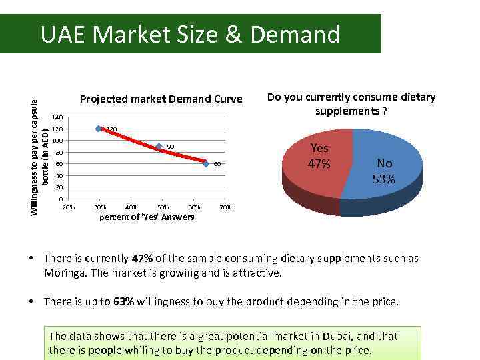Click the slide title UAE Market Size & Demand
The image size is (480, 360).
pyautogui.click(x=190, y=34)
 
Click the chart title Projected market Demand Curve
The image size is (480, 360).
pyautogui.click(x=161, y=99)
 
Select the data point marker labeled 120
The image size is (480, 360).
pyautogui.click(x=99, y=129)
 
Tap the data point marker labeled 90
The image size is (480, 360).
pyautogui.click(x=159, y=147)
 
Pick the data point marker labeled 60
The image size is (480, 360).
pyautogui.click(x=206, y=164)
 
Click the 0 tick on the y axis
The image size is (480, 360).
pyautogui.click(x=61, y=199)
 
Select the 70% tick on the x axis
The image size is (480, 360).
pyautogui.click(x=225, y=207)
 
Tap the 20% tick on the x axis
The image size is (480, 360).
pyautogui.click(x=68, y=207)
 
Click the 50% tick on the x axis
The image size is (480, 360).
pyautogui.click(x=163, y=207)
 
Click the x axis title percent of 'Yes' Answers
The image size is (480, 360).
pyautogui.click(x=147, y=217)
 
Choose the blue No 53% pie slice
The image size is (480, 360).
pyautogui.click(x=386, y=169)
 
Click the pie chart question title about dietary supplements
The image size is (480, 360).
pyautogui.click(x=351, y=103)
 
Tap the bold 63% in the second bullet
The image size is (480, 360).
pyautogui.click(x=124, y=302)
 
